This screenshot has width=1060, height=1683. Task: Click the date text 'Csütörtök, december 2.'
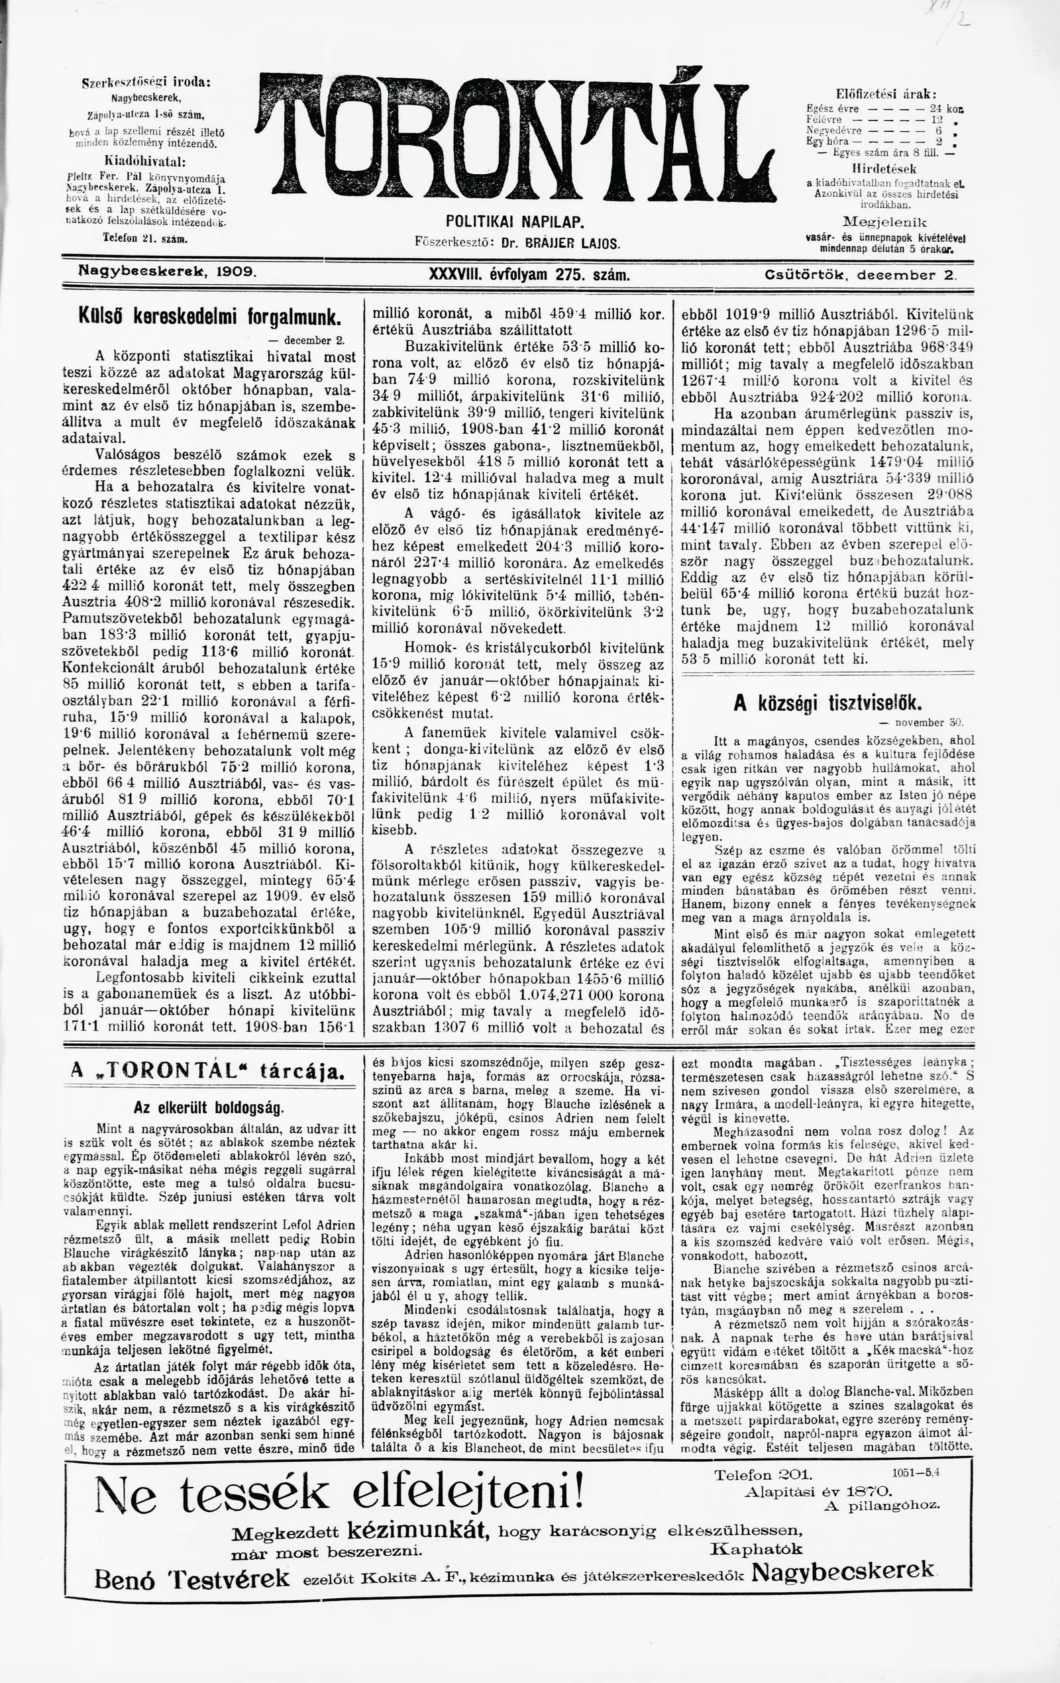[x=859, y=276]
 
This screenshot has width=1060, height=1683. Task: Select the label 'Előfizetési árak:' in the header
[x=886, y=93]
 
